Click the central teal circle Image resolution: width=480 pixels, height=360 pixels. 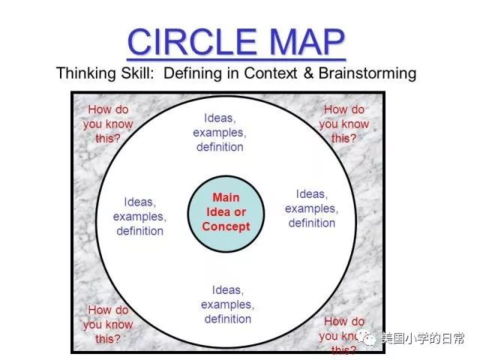point(226,213)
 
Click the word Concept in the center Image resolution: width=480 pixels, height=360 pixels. point(226,226)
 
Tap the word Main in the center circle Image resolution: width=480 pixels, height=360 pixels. point(226,198)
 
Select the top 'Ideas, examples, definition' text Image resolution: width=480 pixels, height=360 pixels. point(220,132)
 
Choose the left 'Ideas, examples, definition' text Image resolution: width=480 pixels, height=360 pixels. point(139,216)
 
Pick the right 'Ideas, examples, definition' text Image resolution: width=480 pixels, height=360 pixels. point(311,208)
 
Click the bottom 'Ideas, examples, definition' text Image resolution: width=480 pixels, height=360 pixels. point(227,304)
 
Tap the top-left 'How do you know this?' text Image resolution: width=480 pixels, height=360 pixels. point(107,124)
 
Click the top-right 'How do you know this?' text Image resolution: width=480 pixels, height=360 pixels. point(344,124)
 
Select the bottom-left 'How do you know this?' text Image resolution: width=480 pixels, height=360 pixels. point(107,324)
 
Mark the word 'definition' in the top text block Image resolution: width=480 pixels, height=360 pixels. point(220,147)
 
